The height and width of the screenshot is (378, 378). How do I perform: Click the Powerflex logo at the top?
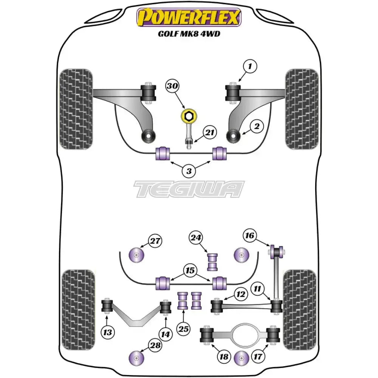point(189,17)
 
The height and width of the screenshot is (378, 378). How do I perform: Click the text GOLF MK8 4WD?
point(189,34)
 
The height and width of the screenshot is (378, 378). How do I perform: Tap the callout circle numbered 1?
point(260,67)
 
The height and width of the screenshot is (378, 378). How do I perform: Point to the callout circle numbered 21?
point(210,132)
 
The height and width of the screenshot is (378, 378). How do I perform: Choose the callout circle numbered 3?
point(189,171)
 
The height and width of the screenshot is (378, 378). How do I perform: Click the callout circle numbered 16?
point(249,235)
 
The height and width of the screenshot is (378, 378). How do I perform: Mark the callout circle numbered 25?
point(183,329)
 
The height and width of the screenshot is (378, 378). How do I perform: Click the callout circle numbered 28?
point(155,345)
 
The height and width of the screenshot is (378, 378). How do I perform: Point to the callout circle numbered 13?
point(108,332)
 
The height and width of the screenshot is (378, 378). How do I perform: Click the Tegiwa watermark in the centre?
point(189,189)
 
